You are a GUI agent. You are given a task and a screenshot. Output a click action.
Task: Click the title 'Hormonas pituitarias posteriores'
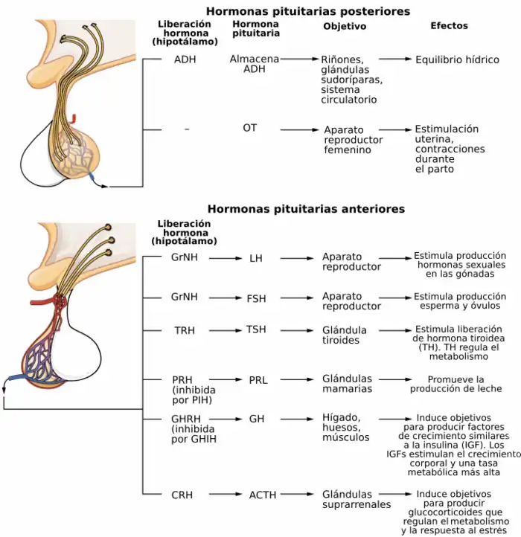click(x=307, y=11)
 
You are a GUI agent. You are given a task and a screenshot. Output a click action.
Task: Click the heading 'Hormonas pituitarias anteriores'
click(x=306, y=209)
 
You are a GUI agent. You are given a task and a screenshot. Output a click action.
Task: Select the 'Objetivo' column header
click(x=345, y=26)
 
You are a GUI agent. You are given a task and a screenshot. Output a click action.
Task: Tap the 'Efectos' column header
click(x=449, y=25)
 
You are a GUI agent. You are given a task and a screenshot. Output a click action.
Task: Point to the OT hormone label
click(x=249, y=128)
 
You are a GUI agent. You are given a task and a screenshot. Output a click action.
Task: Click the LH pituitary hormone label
click(x=256, y=258)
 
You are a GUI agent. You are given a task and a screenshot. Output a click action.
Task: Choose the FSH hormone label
click(x=256, y=298)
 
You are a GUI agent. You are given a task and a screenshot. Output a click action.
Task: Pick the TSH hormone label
click(x=256, y=329)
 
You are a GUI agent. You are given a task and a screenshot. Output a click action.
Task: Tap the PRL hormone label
click(x=258, y=380)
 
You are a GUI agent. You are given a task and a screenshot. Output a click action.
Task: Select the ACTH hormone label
click(x=262, y=495)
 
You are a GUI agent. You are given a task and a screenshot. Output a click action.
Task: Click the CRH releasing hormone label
click(x=182, y=495)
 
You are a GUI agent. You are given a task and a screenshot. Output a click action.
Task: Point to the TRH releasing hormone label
click(x=185, y=330)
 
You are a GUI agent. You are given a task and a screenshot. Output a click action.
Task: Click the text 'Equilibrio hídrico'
click(x=457, y=60)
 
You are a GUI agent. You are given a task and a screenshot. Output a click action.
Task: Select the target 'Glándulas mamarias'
click(x=347, y=384)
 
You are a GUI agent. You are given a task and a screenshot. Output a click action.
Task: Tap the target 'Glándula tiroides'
click(x=344, y=335)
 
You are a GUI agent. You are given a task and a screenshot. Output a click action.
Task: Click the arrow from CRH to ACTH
click(x=223, y=494)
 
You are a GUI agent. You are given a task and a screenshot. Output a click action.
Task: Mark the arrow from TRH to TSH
click(x=223, y=329)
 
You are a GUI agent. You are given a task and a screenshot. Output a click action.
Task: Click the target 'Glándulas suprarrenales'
click(x=356, y=499)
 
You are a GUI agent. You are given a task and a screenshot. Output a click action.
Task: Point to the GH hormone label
click(x=257, y=419)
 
